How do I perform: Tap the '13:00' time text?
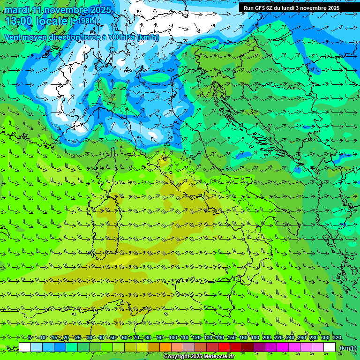pyautogui.click(x=18, y=21)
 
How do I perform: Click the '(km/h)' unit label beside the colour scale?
pyautogui.click(x=348, y=347)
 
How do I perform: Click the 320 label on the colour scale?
pyautogui.click(x=337, y=337)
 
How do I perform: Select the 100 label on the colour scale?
pyautogui.click(x=173, y=337)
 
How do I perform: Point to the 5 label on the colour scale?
pyautogui.click(x=30, y=337)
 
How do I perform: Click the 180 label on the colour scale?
pyautogui.click(x=255, y=337)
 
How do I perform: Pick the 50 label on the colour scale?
pyautogui.click(x=113, y=337)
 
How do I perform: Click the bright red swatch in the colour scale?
pyautogui.click(x=224, y=347)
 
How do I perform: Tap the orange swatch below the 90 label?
pyautogui.click(x=165, y=347)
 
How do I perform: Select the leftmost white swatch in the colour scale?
pyautogui.click(x=25, y=347)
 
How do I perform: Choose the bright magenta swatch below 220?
pyautogui.click(x=283, y=347)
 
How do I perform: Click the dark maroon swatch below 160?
pyautogui.click(x=247, y=347)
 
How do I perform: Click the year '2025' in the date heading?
pyautogui.click(x=100, y=10)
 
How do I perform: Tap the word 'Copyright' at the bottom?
pyautogui.click(x=176, y=357)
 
